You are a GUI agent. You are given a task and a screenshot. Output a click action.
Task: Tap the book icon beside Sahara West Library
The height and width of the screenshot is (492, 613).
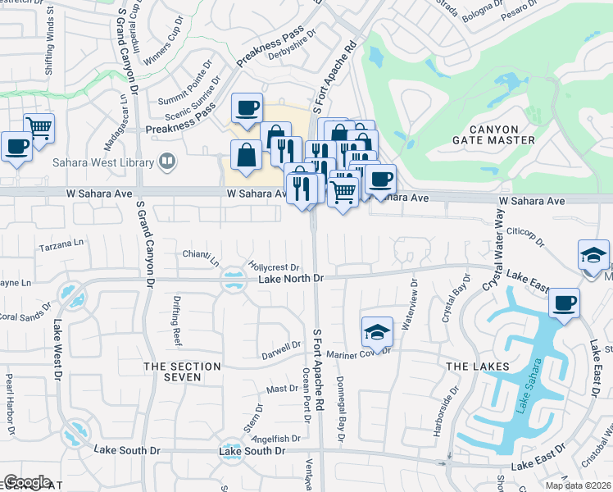pos(167,162)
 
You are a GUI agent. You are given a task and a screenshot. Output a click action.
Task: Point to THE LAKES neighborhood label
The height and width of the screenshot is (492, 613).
pos(478,366)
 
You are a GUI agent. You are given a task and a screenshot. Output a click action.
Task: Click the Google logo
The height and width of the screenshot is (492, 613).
pos(27,482)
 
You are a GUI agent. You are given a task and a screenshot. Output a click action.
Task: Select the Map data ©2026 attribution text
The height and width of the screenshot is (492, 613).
pos(578,485)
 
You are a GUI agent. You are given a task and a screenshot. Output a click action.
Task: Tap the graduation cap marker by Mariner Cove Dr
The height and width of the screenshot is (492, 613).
pos(376,331)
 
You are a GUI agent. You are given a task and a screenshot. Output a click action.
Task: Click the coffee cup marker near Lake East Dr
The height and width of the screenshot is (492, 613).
pos(564,302)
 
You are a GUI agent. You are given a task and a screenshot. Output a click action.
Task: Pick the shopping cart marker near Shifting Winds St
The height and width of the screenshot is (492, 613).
pos(39,126)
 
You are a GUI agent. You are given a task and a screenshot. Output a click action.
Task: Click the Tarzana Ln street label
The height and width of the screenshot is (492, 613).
pos(61,244)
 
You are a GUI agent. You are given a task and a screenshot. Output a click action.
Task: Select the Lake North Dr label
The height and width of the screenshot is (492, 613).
pos(292,279)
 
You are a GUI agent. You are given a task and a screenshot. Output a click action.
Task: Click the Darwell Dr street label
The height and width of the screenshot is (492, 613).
pos(281,347)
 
